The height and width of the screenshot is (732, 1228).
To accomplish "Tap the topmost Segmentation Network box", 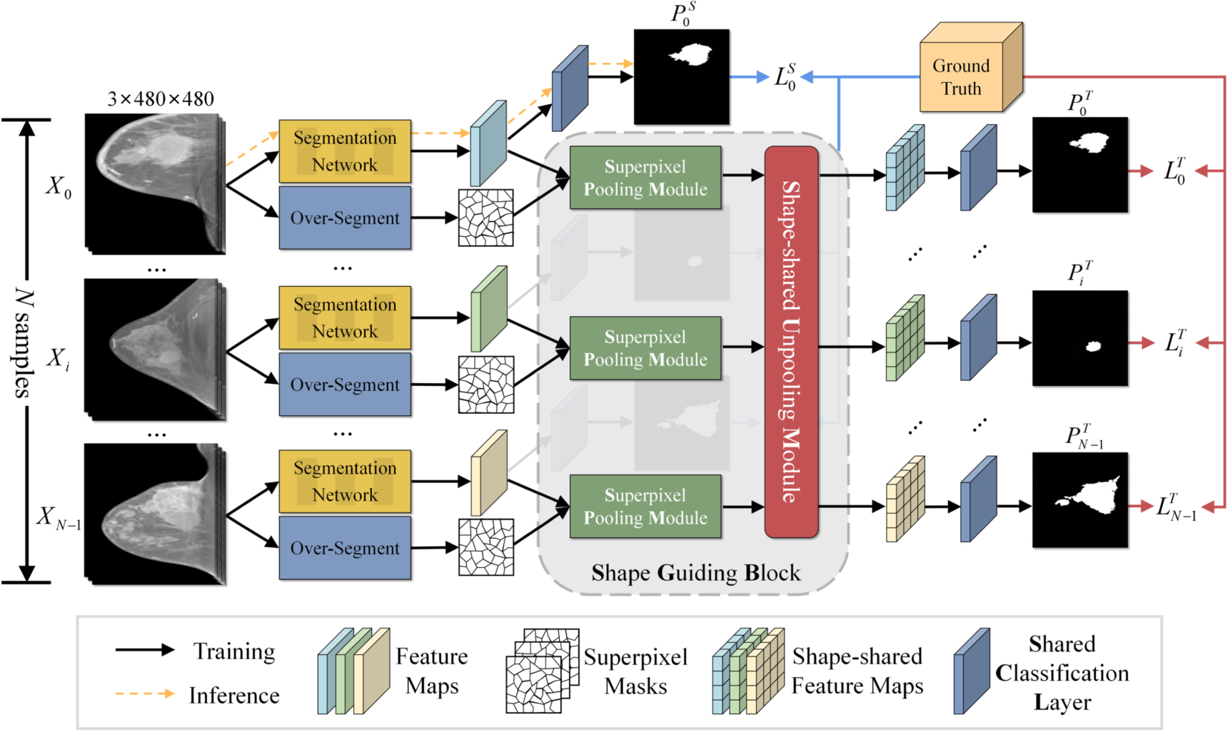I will [x=345, y=151].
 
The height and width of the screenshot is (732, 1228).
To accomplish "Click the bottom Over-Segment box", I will [x=345, y=548].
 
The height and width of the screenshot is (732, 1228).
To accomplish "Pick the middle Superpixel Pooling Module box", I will [x=645, y=348].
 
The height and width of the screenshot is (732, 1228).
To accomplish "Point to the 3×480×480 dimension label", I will [x=161, y=98].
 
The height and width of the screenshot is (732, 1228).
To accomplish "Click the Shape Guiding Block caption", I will [x=695, y=573].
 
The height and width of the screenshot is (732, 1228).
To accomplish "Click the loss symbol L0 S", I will [x=785, y=77].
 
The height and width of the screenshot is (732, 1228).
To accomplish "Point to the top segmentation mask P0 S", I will [x=682, y=77].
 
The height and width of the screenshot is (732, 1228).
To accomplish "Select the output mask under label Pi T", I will [x=1079, y=338].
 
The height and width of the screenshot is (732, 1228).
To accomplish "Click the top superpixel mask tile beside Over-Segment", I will [x=485, y=218].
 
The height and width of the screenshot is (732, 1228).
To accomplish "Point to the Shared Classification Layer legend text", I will [x=1062, y=673].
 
